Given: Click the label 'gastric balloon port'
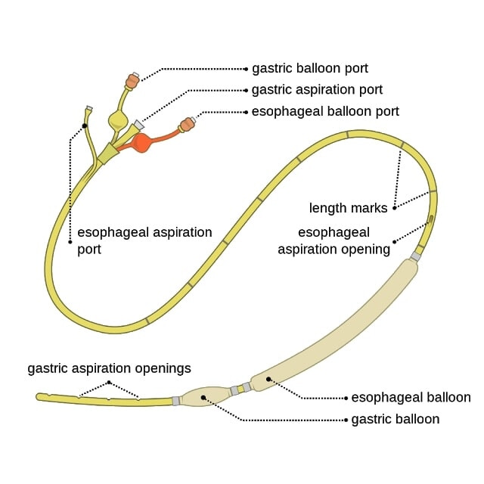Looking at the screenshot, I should (x=309, y=69).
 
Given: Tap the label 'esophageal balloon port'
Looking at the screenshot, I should (x=325, y=112).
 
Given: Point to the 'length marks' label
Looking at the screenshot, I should (x=348, y=207).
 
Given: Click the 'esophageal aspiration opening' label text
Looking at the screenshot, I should (x=334, y=240).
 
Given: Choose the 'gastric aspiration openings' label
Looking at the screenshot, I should (x=109, y=369).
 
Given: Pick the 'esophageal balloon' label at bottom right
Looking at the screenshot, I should (x=411, y=397).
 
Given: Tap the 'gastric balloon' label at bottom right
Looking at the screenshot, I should (x=396, y=419).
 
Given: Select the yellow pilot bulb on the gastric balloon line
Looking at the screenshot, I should (x=119, y=119).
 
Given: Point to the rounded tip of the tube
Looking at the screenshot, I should (x=39, y=396).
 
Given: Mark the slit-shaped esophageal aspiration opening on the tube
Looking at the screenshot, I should (x=430, y=222).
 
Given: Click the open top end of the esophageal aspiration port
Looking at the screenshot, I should (x=88, y=110).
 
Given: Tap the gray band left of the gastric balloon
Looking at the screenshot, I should (x=176, y=400).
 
